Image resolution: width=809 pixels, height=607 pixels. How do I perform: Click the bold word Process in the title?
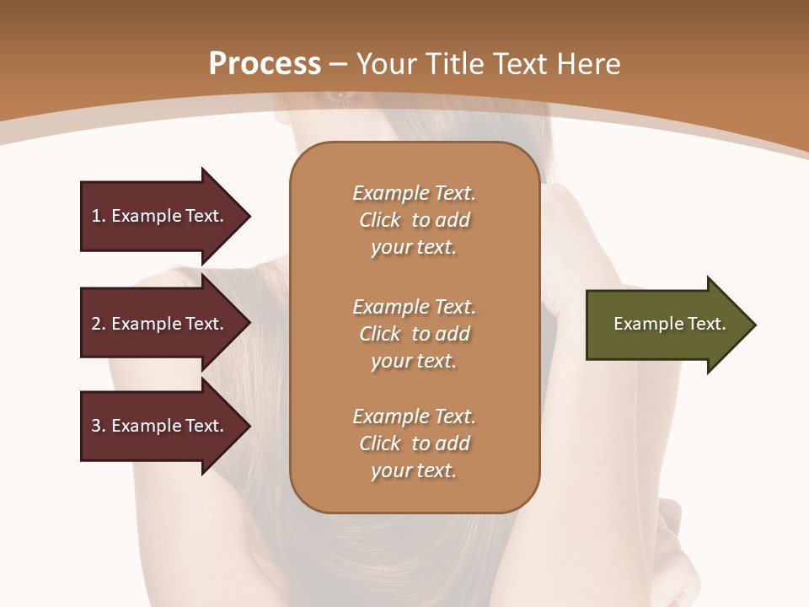coord(265,64)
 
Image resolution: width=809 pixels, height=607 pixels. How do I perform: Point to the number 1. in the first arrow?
coord(99,216)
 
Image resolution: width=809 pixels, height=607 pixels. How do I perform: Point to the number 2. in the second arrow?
coord(99,324)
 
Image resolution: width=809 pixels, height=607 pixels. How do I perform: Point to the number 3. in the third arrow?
coord(99,426)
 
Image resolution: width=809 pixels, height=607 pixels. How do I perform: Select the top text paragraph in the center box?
coord(415,220)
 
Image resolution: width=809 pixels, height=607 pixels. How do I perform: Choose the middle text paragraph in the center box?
coord(415,334)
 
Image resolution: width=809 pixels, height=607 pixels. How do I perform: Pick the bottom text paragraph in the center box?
coord(415,443)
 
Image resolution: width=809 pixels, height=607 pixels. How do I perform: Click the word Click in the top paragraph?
coord(380,220)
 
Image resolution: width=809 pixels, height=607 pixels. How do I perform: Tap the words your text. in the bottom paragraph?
coord(414,470)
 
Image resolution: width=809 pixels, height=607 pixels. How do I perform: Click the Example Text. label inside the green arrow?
coord(670,324)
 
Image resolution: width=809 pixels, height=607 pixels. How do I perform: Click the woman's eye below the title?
coord(341,95)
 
